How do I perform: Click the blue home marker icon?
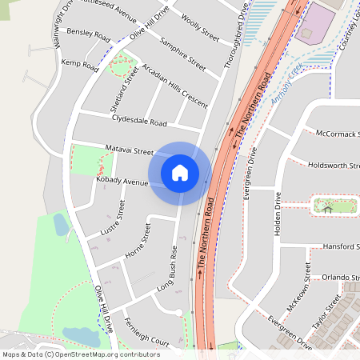[x=180, y=172]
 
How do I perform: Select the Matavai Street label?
[x=129, y=150]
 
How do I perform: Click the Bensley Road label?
[x=88, y=34]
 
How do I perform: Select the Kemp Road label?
[x=79, y=62]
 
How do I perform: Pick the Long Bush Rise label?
[x=166, y=273]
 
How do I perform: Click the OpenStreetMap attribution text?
[x=81, y=354]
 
